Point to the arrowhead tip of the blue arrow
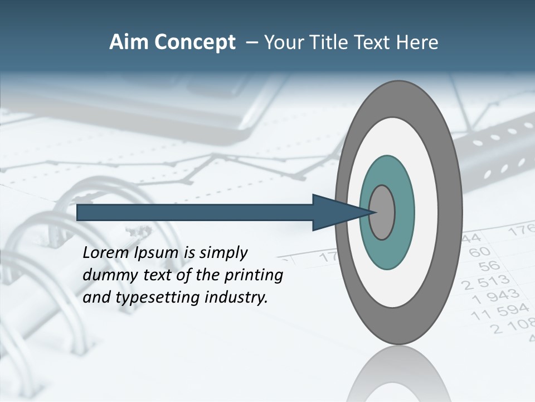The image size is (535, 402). tap(372, 212)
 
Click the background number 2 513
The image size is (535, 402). tap(486, 281)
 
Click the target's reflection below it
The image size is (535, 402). tap(399, 374)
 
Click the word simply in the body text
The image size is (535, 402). tap(223, 253)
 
